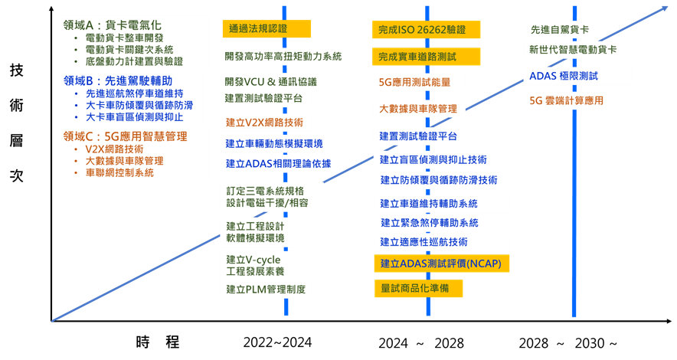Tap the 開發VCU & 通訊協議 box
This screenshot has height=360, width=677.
pos(272,81)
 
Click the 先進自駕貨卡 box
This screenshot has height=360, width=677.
pos(561,30)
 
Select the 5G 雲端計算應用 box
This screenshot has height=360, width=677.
pos(567,100)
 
